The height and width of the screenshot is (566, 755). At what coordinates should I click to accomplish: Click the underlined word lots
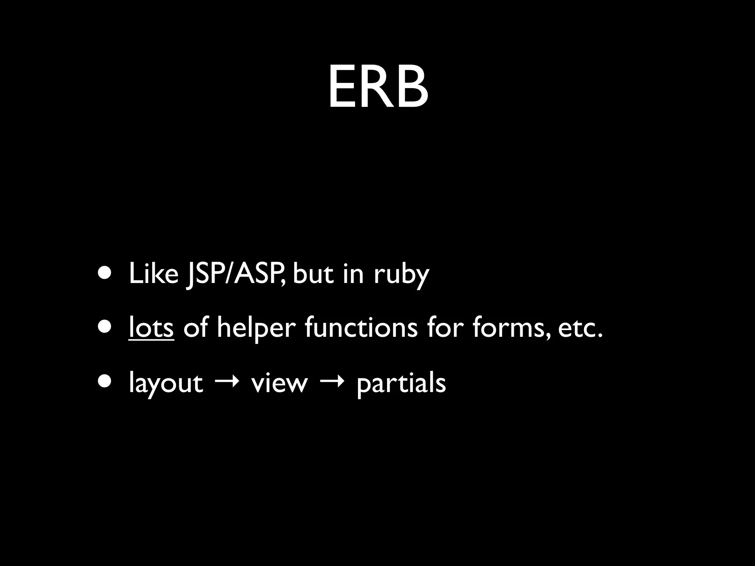tap(151, 328)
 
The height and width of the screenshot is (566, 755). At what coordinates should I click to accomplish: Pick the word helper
tap(256, 328)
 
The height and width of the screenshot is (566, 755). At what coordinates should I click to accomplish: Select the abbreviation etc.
tap(580, 328)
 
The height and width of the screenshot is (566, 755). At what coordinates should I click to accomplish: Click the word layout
tap(166, 384)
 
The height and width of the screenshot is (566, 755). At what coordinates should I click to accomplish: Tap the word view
tap(279, 383)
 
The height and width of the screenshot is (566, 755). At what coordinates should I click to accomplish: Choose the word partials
tap(401, 384)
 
